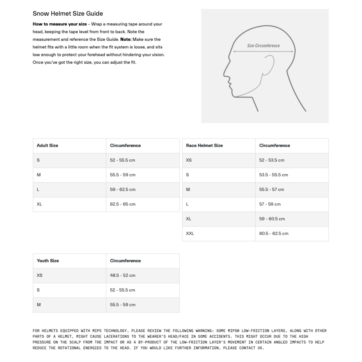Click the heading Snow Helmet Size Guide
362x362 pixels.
pyautogui.click(x=68, y=14)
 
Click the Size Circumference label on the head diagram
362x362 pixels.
pyautogui.click(x=263, y=46)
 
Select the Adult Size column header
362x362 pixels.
pyautogui.click(x=47, y=145)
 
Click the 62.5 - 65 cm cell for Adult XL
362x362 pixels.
pyautogui.click(x=123, y=204)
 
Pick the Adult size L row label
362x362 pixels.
pyautogui.click(x=38, y=189)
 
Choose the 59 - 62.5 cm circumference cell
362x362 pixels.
pyautogui.click(x=123, y=189)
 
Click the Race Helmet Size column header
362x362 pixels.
pyautogui.click(x=204, y=145)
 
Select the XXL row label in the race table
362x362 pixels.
pyautogui.click(x=190, y=233)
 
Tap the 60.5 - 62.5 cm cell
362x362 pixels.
pyautogui.click(x=274, y=233)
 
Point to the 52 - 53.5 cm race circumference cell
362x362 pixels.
pyautogui.click(x=271, y=160)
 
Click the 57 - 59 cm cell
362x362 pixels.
pyautogui.click(x=270, y=204)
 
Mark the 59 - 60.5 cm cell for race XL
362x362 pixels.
pyautogui.click(x=272, y=219)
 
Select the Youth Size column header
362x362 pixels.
pyautogui.click(x=48, y=261)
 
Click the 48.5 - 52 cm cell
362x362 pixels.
pyautogui.click(x=122, y=275)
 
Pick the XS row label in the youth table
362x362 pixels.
pyautogui.click(x=40, y=275)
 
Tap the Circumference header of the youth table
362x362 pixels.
pyautogui.click(x=125, y=261)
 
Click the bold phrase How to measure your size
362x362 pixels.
pyautogui.click(x=60, y=24)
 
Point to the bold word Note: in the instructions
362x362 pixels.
pyautogui.click(x=126, y=39)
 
